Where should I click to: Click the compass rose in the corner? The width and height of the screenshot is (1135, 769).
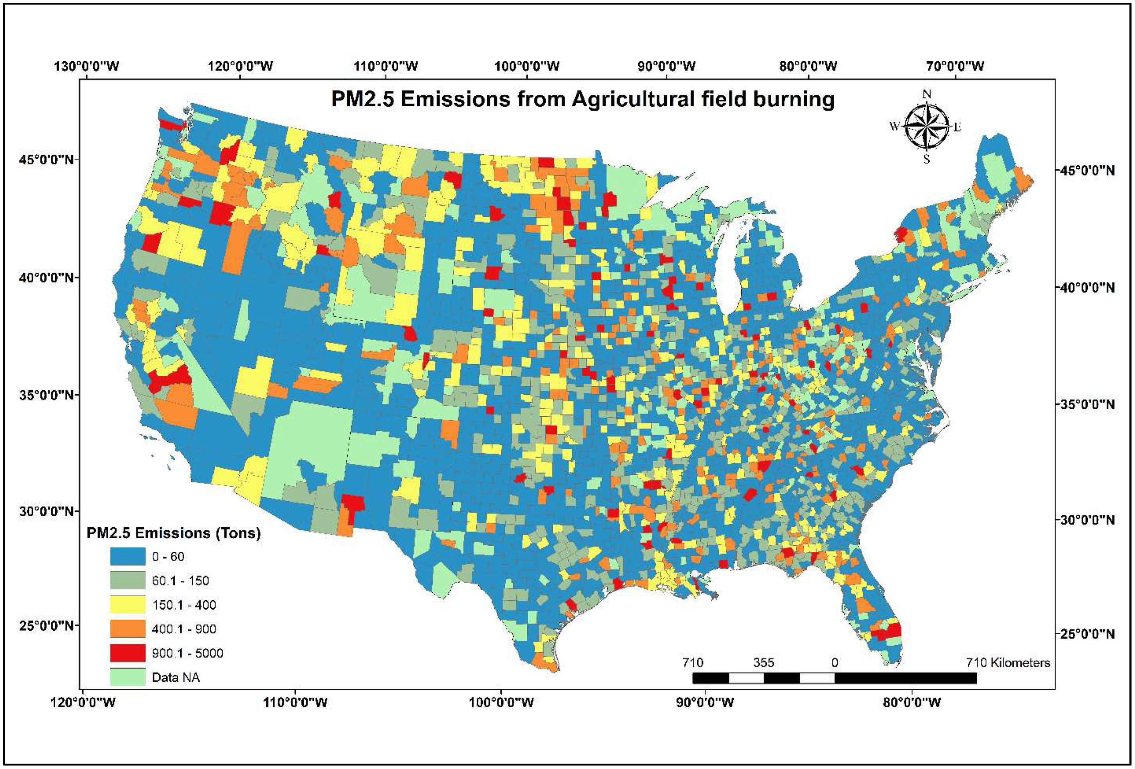[x=926, y=127]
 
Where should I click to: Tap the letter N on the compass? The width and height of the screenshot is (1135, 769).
[x=926, y=94]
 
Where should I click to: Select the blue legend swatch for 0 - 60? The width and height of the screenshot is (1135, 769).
[x=127, y=556]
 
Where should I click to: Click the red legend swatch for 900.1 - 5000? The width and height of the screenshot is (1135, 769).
[x=127, y=653]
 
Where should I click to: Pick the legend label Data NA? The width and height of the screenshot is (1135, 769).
[x=176, y=677]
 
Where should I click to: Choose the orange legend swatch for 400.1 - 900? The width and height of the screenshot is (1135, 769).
[x=127, y=629]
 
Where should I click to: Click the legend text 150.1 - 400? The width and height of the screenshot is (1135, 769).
[x=183, y=605]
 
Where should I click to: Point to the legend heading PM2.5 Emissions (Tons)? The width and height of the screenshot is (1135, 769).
[x=173, y=533]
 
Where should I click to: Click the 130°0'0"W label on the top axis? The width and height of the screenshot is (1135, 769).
[x=87, y=66]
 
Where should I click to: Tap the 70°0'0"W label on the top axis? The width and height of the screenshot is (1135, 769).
[x=955, y=66]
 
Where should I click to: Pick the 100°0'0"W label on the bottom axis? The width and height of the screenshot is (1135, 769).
[x=501, y=702]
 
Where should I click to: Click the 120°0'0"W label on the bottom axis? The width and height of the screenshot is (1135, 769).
[x=83, y=702]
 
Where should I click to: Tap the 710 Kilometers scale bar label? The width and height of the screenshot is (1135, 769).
[x=1008, y=663]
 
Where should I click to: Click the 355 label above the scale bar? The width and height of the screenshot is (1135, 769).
[x=763, y=663]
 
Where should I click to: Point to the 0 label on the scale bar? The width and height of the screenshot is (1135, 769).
[x=835, y=663]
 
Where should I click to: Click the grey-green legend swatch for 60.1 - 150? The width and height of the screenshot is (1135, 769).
[x=127, y=580]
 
